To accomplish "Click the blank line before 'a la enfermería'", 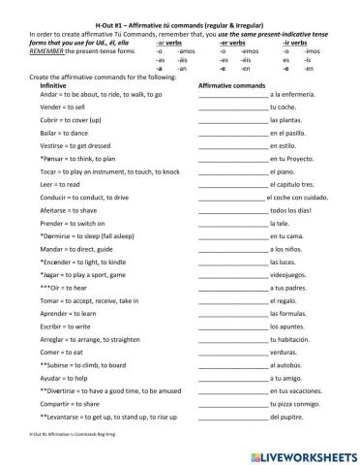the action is pos(231,95).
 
